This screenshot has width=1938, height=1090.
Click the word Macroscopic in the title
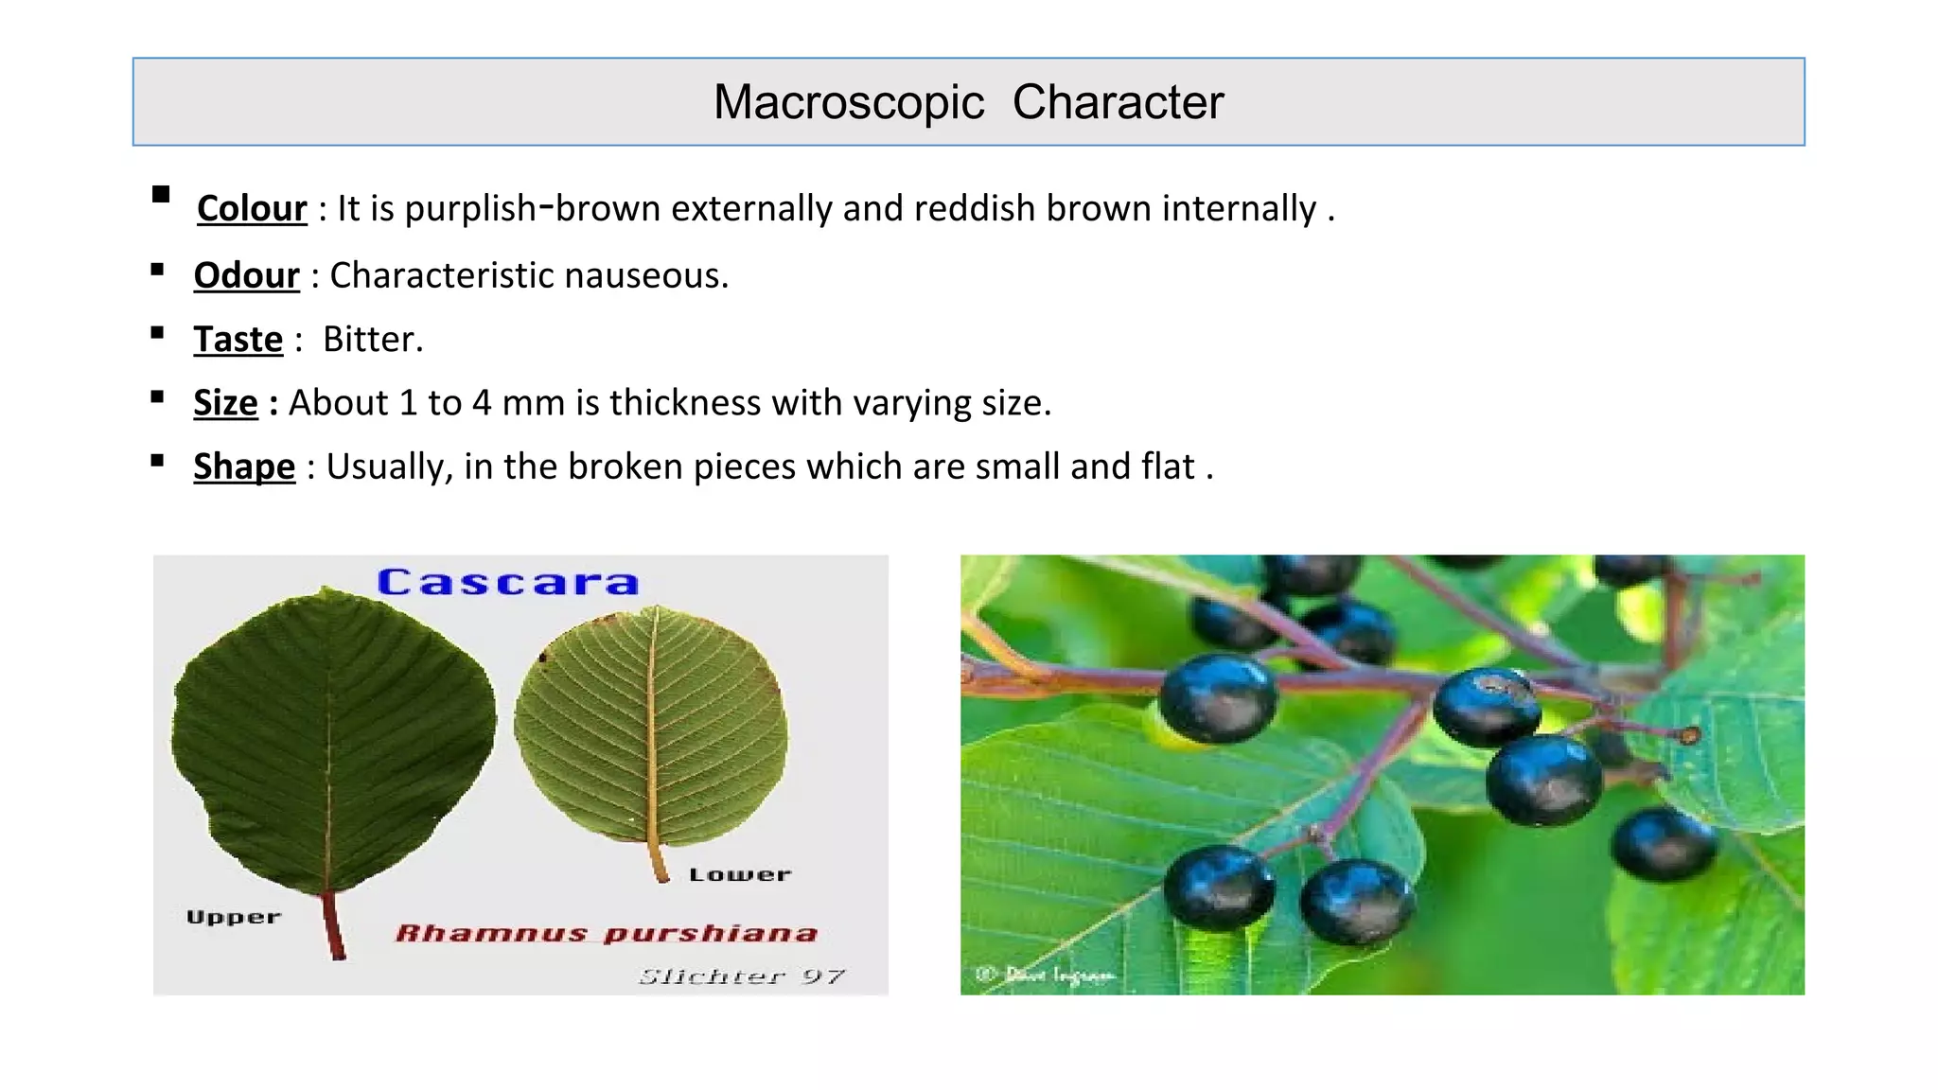848,102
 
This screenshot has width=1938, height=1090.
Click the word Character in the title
1118,102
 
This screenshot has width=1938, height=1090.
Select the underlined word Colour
252,208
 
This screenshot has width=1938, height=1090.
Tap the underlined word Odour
246,275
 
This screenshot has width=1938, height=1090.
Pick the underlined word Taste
238,339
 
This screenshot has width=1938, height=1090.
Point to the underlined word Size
225,403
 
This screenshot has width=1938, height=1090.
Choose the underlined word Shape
244,466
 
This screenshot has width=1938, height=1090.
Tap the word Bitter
373,339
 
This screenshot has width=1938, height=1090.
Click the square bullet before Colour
160,194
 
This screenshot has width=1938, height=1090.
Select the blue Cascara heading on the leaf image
508,582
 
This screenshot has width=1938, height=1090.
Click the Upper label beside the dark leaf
234,917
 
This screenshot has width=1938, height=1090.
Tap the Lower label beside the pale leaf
739,874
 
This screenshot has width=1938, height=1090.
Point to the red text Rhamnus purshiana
606,933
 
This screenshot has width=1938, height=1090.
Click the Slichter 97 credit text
741,976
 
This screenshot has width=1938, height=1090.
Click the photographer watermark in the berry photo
1047,974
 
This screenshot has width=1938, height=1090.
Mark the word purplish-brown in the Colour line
532,208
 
